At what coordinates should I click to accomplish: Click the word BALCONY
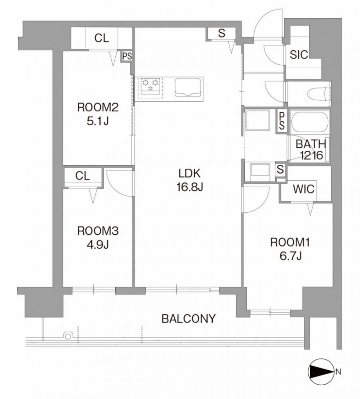pyautogui.click(x=189, y=318)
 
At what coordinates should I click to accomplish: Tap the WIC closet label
pyautogui.click(x=304, y=189)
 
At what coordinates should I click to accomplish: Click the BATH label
pyautogui.click(x=311, y=144)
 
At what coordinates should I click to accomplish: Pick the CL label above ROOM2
pyautogui.click(x=102, y=38)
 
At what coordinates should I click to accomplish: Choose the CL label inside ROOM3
pyautogui.click(x=83, y=176)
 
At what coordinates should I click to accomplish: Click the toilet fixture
pyautogui.click(x=319, y=94)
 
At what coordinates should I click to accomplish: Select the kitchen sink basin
pyautogui.click(x=188, y=87)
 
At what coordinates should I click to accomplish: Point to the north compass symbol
pyautogui.click(x=321, y=372)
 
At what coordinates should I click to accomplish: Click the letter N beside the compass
pyautogui.click(x=338, y=372)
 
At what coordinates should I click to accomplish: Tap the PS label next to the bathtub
pyautogui.click(x=282, y=120)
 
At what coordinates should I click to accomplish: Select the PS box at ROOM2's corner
pyautogui.click(x=127, y=56)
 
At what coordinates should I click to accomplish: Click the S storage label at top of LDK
pyautogui.click(x=222, y=33)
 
